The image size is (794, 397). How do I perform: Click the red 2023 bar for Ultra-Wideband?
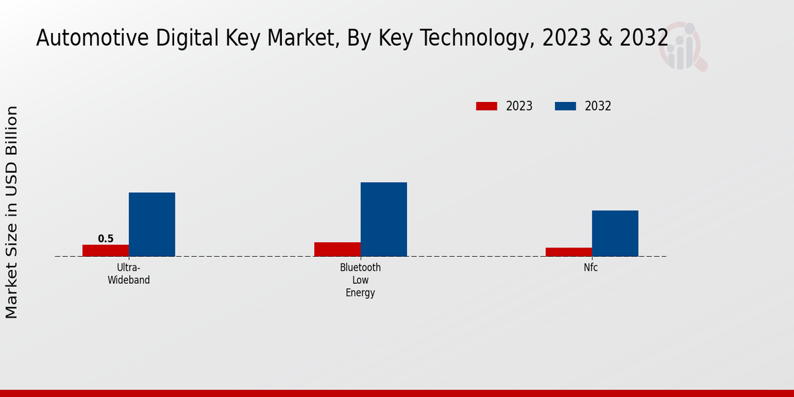point(106,250)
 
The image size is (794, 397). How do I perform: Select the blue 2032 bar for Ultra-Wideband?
point(152,224)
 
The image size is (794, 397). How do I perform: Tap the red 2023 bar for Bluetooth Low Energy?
point(337,249)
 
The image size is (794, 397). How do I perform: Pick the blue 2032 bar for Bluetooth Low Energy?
point(384,219)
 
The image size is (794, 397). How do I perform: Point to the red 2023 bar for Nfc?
point(569,251)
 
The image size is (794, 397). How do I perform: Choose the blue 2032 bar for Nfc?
point(615,233)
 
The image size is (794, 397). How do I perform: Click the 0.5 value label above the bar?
point(106,239)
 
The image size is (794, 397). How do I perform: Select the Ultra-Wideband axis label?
point(129,274)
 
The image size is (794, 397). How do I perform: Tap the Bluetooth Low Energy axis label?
point(361,280)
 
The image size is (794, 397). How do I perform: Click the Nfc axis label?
point(592,268)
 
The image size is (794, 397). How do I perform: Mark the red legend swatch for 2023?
point(486,106)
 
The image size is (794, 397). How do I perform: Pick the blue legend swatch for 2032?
point(566,106)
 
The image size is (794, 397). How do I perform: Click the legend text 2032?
point(598,106)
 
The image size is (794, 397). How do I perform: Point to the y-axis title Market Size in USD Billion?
point(12,212)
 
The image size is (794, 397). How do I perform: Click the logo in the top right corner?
point(683,46)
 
